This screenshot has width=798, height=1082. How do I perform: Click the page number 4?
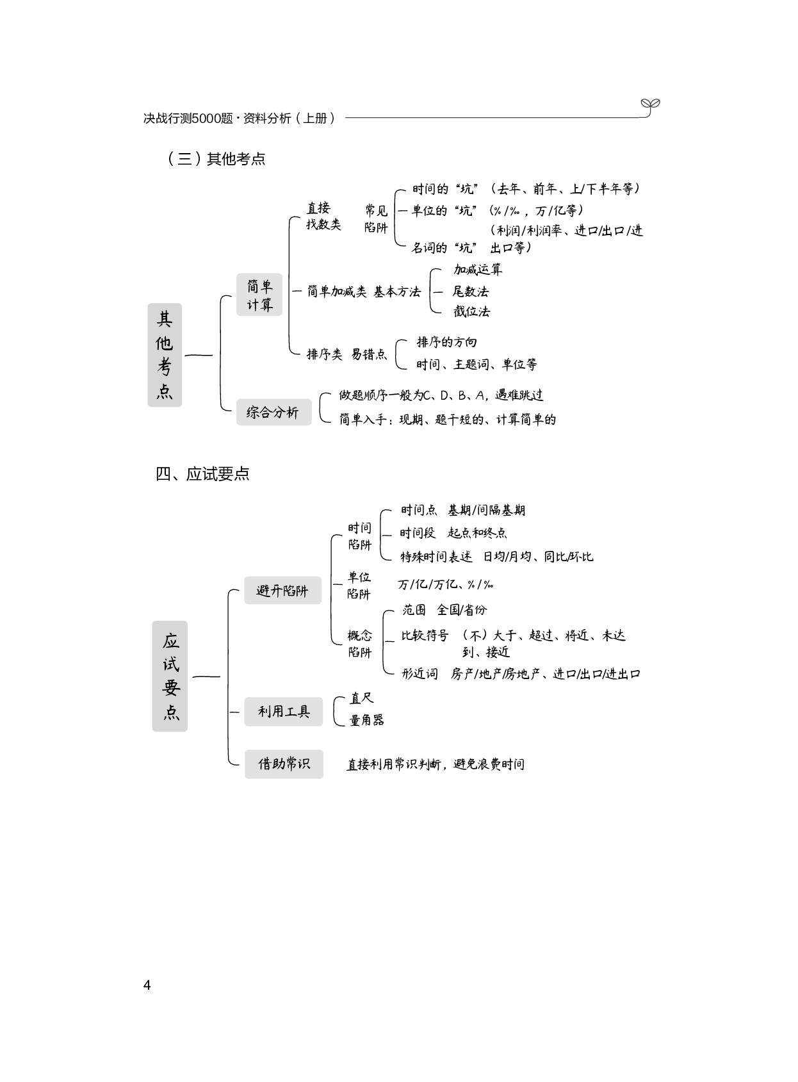(x=147, y=985)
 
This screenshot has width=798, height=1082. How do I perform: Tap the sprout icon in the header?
(x=650, y=106)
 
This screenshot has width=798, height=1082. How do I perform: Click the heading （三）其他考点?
(x=216, y=159)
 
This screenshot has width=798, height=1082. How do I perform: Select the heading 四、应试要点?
(x=202, y=474)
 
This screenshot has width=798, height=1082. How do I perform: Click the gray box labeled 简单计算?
(x=259, y=295)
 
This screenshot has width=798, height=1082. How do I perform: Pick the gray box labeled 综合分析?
(x=273, y=412)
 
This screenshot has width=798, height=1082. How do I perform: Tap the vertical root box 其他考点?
(x=165, y=355)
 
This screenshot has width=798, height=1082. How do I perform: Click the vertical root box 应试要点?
(x=170, y=676)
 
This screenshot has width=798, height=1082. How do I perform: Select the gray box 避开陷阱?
(x=282, y=591)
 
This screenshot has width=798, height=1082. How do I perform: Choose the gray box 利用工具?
(x=283, y=712)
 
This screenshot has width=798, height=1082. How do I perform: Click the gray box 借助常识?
(x=284, y=764)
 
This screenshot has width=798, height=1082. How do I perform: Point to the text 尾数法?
(x=470, y=291)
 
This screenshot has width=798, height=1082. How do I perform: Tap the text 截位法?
(x=471, y=312)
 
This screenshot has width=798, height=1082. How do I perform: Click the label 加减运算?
(x=478, y=270)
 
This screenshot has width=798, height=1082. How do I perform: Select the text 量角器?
(x=366, y=720)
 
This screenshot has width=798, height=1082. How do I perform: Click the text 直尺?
(x=361, y=698)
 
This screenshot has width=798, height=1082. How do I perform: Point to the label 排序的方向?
(x=446, y=342)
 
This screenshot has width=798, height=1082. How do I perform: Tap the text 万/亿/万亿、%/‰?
(x=445, y=584)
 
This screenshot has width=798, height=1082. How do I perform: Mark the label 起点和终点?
(x=477, y=533)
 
